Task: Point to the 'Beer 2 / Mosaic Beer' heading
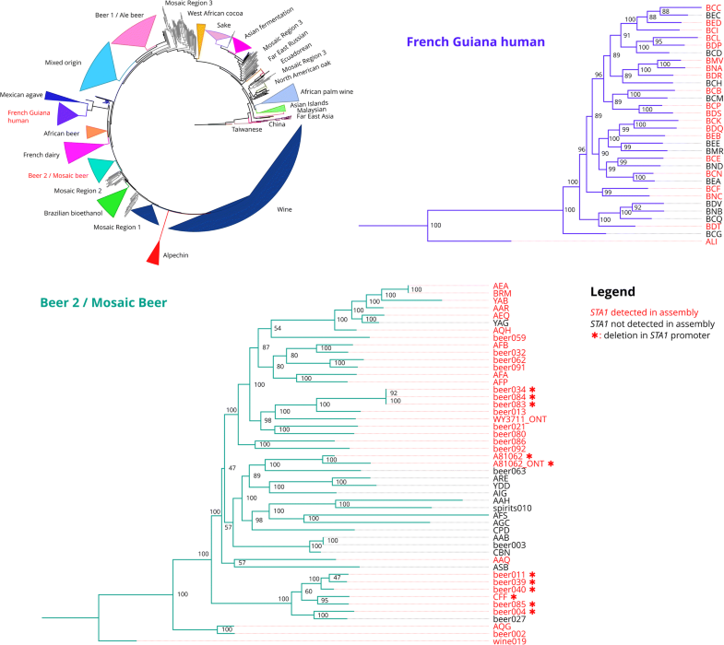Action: (x=101, y=300)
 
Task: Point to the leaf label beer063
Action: (x=509, y=471)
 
